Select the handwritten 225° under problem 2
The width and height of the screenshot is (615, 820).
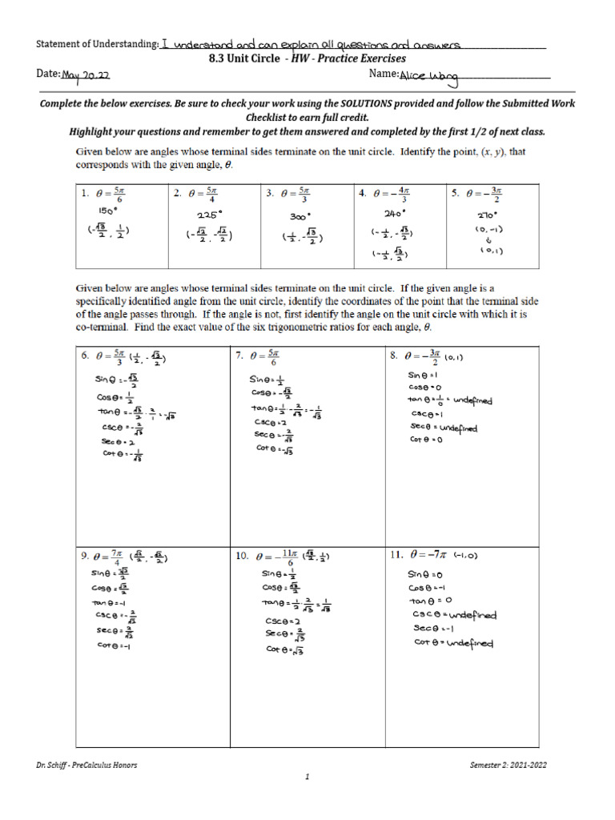pos(207,215)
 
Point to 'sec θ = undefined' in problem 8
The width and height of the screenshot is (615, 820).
pos(443,428)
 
